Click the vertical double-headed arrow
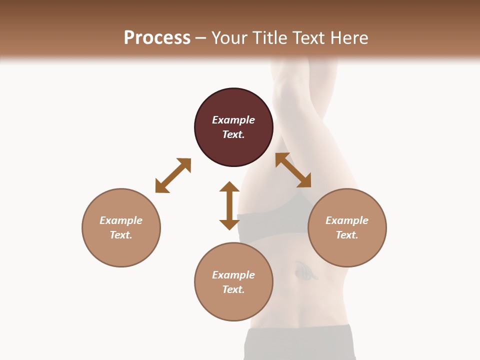229,205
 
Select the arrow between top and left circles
173,175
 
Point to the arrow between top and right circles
293,170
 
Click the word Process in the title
157,37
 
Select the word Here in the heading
349,37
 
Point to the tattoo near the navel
305,270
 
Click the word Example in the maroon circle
233,120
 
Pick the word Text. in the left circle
121,235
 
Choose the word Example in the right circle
347,220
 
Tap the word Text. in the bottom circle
233,289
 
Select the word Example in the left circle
121,220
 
